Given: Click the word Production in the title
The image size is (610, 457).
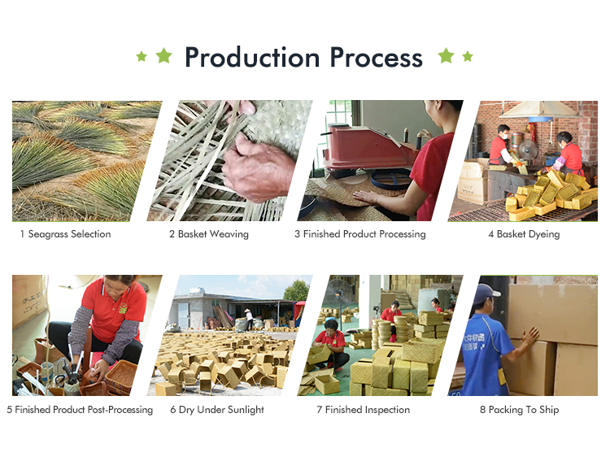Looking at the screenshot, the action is (x=252, y=58).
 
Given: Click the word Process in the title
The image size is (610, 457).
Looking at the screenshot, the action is (x=377, y=58).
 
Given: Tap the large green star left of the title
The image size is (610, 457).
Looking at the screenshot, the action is (x=163, y=55).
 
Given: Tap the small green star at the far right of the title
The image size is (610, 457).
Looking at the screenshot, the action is (x=468, y=56).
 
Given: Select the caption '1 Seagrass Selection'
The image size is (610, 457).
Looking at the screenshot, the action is (x=66, y=234).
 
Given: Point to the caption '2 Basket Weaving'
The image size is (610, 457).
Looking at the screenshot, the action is (x=209, y=234).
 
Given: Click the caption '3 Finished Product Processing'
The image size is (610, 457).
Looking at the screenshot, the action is (x=360, y=234).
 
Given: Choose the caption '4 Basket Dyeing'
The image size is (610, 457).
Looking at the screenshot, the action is (x=524, y=234).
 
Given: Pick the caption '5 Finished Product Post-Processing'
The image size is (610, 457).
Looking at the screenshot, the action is (x=80, y=410).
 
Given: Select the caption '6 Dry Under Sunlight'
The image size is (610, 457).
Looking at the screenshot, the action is (x=217, y=410).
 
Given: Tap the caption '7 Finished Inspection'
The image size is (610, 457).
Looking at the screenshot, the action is (x=364, y=410).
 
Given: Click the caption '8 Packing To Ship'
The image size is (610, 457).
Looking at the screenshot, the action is (x=520, y=410).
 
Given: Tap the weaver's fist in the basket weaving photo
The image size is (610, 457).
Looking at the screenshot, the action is (x=258, y=168).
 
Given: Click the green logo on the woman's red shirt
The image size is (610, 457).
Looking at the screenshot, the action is (x=124, y=308).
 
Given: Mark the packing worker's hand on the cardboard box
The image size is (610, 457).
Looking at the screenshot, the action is (x=529, y=337).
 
